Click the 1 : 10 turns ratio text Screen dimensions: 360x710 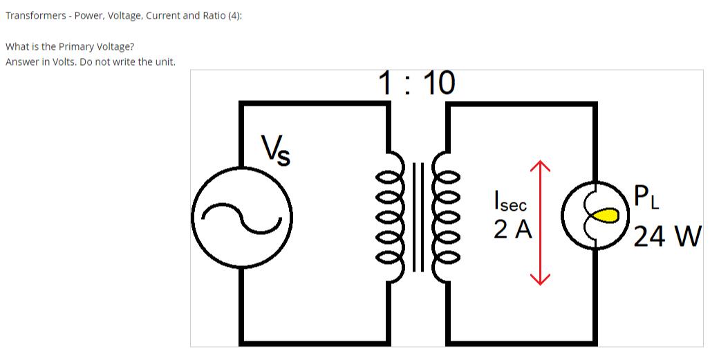click(417, 84)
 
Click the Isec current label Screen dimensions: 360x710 click(510, 202)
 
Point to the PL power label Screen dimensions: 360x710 click(647, 198)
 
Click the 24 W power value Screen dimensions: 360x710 click(668, 236)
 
